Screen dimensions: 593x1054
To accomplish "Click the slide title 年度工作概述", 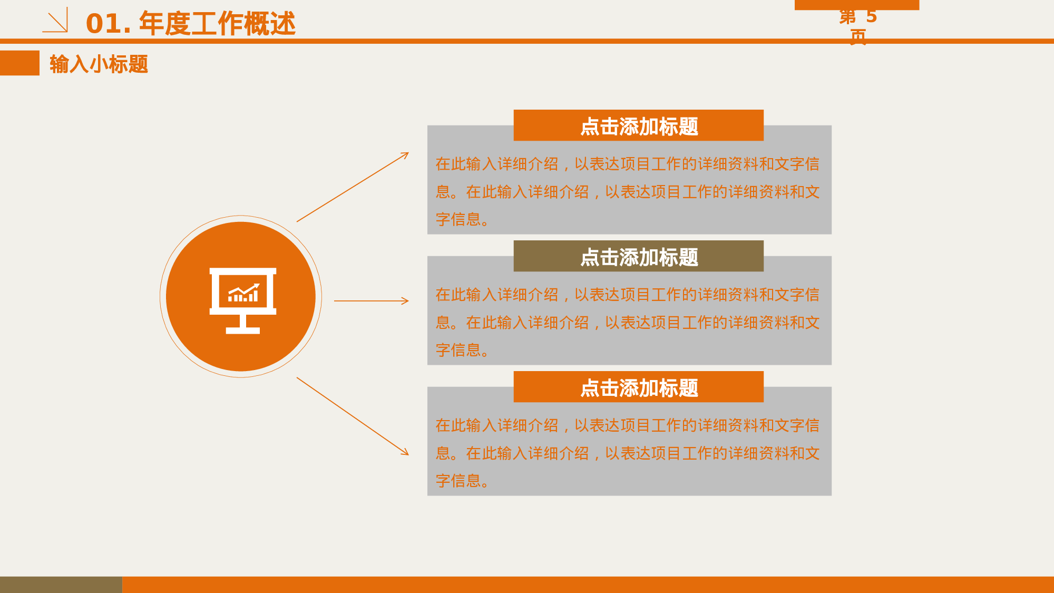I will (x=217, y=24).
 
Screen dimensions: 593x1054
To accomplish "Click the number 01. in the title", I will (x=108, y=24).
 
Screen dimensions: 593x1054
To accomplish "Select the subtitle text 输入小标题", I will (x=99, y=64).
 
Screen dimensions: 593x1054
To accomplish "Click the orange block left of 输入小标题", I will (x=19, y=63).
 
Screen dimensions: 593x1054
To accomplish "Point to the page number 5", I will (x=871, y=17).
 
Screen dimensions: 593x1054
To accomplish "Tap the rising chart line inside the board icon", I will (x=243, y=290).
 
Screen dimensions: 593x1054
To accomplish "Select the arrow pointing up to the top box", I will (x=353, y=187).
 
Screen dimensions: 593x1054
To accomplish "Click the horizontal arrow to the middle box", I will (x=371, y=301).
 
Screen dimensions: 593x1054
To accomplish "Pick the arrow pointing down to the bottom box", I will (x=353, y=416).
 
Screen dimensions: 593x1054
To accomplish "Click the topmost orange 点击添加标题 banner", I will (x=638, y=126).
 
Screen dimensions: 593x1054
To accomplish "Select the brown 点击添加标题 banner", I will (x=638, y=257).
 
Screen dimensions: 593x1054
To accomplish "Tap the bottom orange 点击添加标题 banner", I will (x=638, y=387).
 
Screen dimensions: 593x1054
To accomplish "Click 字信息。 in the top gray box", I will (x=462, y=219).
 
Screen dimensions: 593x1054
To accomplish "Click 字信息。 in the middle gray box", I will (x=462, y=350).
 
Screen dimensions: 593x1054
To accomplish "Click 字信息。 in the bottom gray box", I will (x=462, y=481).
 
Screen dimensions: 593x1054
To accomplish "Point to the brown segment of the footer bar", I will (x=61, y=584).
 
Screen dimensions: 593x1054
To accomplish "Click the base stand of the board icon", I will (x=242, y=330).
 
